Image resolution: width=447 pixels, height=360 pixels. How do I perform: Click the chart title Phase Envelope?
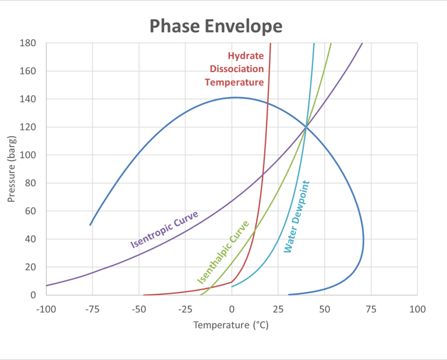tap(216, 26)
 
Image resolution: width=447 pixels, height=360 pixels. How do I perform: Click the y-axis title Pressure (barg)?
tap(12, 169)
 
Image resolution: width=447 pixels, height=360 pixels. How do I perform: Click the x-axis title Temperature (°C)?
tap(231, 325)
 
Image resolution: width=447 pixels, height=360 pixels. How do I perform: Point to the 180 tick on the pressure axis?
tap(29, 43)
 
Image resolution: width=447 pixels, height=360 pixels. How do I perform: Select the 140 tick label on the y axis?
tap(29, 99)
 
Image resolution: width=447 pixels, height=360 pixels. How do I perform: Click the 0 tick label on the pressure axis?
tap(33, 295)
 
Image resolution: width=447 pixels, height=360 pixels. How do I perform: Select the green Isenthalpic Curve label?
tap(223, 252)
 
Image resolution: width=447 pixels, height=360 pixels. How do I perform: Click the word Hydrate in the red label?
tap(245, 56)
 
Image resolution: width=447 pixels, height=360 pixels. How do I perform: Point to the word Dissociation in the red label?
tap(237, 69)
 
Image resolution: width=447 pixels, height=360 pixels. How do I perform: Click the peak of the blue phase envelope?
tap(234, 98)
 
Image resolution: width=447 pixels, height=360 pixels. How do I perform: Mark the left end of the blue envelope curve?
tap(90, 225)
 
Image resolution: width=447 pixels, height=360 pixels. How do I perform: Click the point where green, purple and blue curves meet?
tap(306, 127)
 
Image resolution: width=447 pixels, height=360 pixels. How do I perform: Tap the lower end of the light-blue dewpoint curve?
tap(232, 286)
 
